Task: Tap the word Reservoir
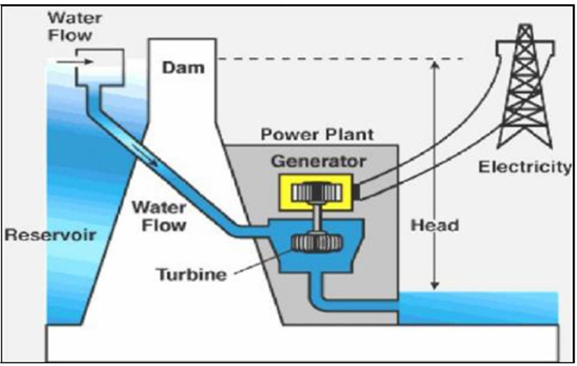tap(50, 234)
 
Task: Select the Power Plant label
tap(316, 135)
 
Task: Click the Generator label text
tap(318, 161)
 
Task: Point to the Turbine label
tap(191, 275)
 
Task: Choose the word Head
tap(435, 225)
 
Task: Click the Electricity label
tap(524, 168)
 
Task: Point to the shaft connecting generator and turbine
tap(314, 218)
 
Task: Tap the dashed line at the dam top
tap(339, 59)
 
